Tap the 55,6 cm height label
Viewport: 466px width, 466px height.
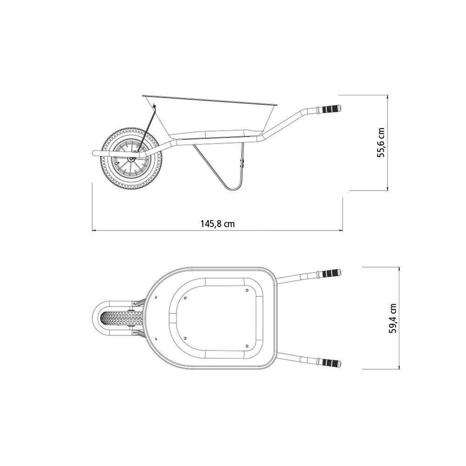point(381,142)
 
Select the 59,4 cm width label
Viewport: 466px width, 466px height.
point(393,318)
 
